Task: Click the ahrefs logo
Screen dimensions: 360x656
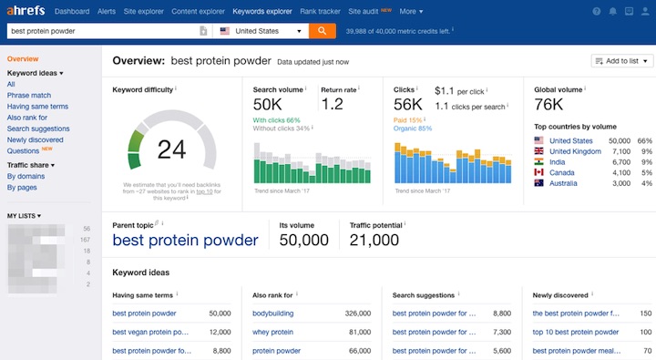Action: [26, 12]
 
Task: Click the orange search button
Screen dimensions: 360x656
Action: [322, 31]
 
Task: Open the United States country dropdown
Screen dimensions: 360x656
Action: [261, 31]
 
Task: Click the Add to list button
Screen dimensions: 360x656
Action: [622, 61]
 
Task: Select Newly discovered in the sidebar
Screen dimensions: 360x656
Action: [36, 139]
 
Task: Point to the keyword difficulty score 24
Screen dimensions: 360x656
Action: [171, 149]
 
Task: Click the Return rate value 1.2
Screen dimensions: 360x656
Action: [333, 105]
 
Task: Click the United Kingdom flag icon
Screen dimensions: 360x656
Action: [539, 151]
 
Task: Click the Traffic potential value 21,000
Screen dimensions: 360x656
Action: [374, 241]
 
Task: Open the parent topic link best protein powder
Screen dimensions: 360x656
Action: [185, 241]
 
